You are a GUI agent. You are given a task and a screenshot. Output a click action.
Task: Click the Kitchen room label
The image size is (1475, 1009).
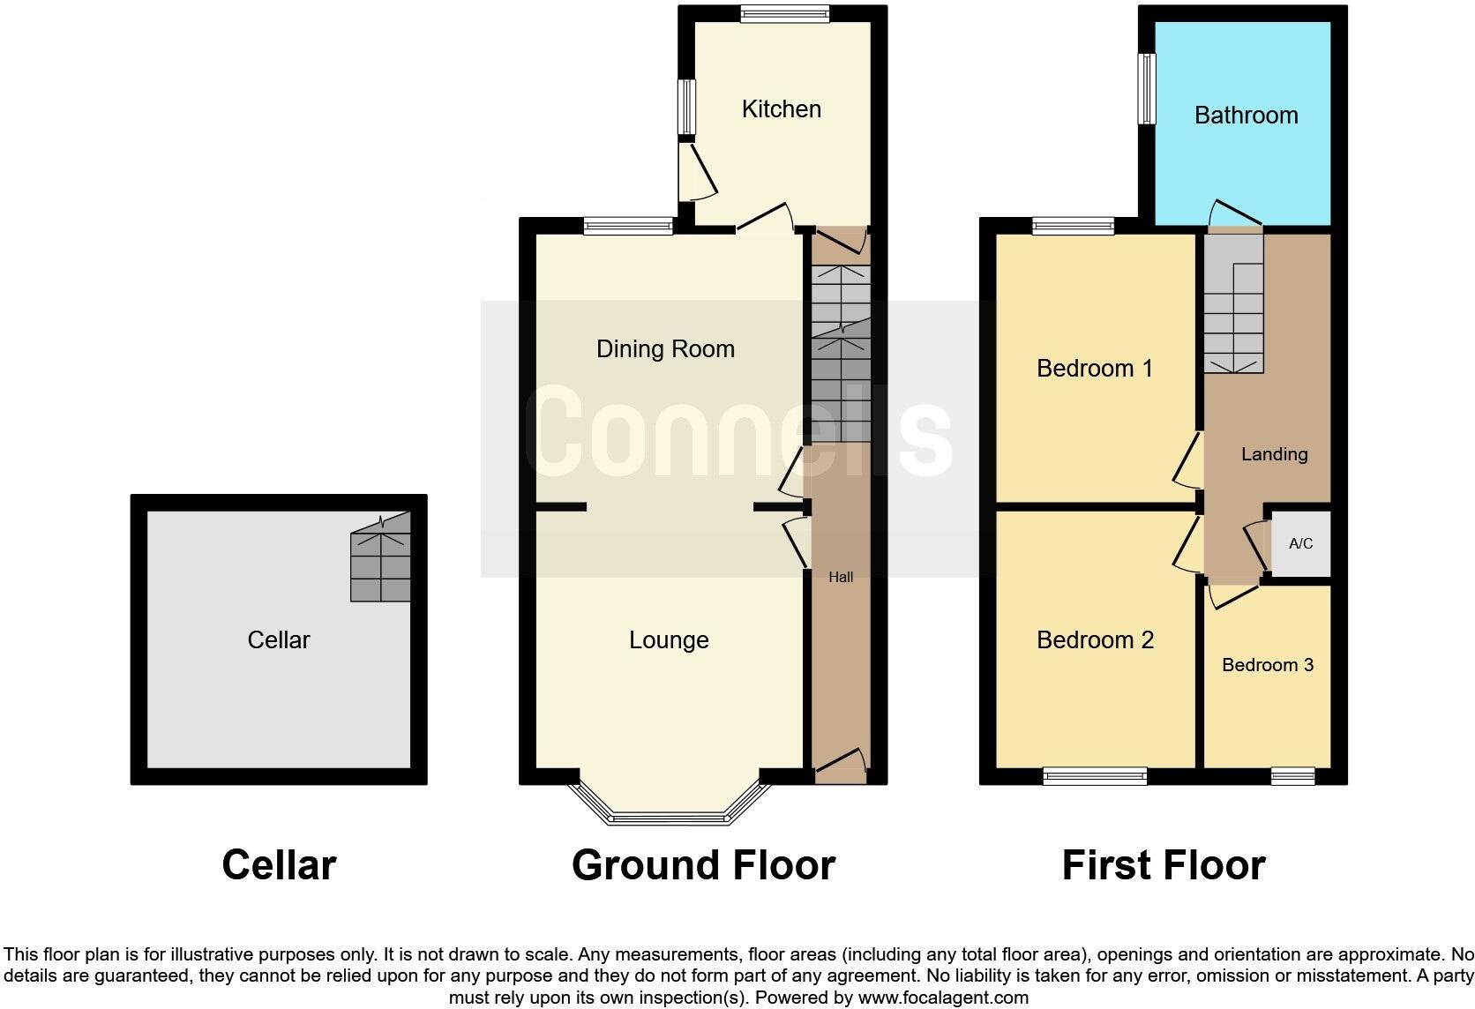(x=781, y=109)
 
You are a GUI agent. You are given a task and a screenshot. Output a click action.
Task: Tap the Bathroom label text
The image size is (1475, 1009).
(x=1246, y=116)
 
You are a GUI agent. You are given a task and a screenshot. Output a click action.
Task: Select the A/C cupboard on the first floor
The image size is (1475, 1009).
(x=1300, y=543)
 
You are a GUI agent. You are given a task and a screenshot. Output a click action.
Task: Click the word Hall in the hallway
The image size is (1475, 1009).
(x=841, y=578)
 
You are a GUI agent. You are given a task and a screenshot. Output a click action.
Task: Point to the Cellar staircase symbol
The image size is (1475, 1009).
(x=381, y=557)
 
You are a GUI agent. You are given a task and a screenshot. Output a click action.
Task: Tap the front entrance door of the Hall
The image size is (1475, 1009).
(x=841, y=765)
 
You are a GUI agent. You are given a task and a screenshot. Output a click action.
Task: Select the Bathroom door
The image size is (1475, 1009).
(x=1234, y=213)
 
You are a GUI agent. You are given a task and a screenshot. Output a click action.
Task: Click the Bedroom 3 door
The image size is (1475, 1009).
(x=1233, y=596)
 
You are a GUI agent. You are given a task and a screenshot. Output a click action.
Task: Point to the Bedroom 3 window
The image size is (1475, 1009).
(x=1292, y=776)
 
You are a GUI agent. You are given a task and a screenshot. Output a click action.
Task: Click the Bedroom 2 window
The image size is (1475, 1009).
(x=1095, y=776)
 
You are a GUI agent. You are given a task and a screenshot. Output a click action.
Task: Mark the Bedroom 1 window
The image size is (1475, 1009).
(x=1073, y=227)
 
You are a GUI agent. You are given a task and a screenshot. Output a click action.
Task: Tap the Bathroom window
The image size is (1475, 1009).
(x=1147, y=88)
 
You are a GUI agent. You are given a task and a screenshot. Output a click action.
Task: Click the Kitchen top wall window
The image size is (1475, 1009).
(x=784, y=13)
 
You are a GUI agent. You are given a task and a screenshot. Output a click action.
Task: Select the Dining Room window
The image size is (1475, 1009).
(x=628, y=227)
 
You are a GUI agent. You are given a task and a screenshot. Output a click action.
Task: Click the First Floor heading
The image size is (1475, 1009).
(x=1163, y=866)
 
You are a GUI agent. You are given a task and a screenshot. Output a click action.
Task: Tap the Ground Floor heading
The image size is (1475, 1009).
(x=703, y=866)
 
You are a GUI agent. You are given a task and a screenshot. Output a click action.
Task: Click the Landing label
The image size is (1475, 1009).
(x=1274, y=454)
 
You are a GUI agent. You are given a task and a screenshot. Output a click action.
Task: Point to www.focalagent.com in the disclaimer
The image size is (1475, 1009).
(x=943, y=998)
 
